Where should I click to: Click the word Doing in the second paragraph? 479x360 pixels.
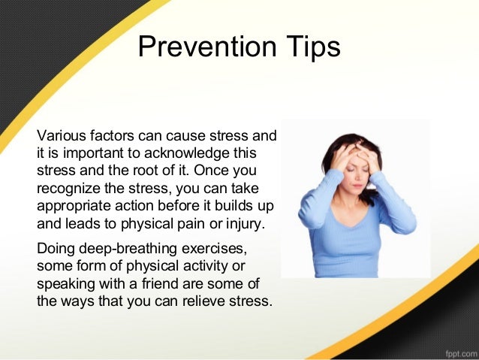[55, 248]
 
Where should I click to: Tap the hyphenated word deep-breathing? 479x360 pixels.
[127, 248]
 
